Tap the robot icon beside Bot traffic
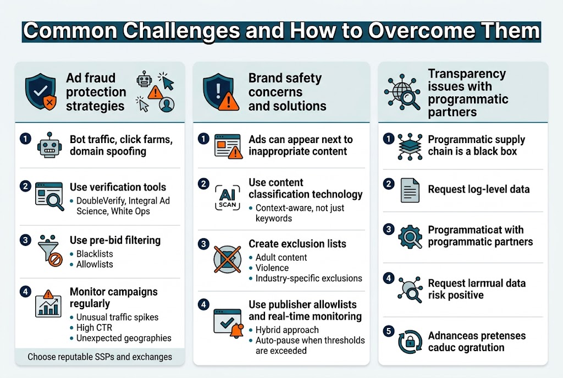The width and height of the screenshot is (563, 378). pyautogui.click(x=48, y=145)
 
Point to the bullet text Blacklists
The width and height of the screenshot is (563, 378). pyautogui.click(x=94, y=254)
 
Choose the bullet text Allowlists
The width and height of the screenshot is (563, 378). pyautogui.click(x=95, y=264)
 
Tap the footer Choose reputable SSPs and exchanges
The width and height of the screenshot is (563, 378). pyautogui.click(x=100, y=357)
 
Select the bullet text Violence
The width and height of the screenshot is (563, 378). pyautogui.click(x=272, y=268)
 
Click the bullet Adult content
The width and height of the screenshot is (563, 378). pyautogui.click(x=281, y=258)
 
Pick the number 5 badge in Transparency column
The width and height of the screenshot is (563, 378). pyautogui.click(x=389, y=331)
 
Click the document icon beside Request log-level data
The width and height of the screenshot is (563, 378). pyautogui.click(x=409, y=189)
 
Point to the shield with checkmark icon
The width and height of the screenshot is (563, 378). pyautogui.click(x=40, y=91)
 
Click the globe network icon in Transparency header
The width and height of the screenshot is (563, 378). pyautogui.click(x=402, y=92)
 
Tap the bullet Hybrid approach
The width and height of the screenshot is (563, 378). pyautogui.click(x=286, y=330)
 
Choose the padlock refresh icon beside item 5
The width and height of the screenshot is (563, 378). pyautogui.click(x=410, y=342)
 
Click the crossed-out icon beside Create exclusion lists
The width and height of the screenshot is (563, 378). pyautogui.click(x=227, y=260)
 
